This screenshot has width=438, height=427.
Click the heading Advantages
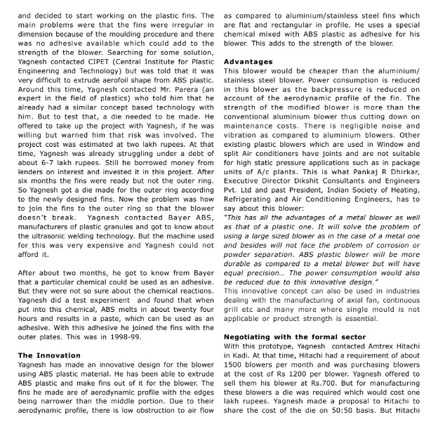tap(248, 62)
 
